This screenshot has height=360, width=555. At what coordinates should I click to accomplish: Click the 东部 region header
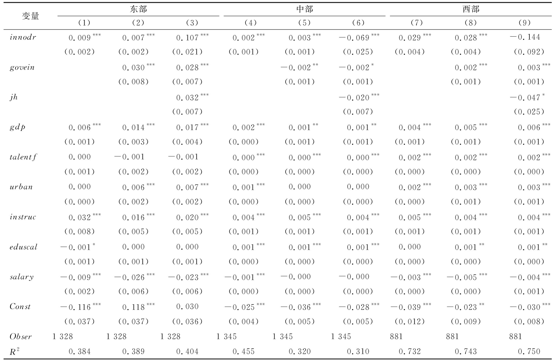138,9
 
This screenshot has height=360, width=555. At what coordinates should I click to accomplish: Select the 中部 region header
304,9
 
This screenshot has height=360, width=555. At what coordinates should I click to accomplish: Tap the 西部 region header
471,9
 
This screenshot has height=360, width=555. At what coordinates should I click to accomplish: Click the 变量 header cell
30,16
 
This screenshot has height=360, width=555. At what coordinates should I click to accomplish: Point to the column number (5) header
304,23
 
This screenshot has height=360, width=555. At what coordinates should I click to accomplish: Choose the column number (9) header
524,23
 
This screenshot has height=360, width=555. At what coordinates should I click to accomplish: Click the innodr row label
23,37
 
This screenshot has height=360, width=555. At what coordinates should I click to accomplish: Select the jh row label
14,97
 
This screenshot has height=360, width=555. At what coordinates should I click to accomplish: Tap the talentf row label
23,157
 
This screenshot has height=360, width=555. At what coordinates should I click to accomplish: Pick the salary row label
22,277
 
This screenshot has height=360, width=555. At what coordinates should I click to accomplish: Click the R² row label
14,352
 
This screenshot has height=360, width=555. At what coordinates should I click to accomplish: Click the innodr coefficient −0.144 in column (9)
525,37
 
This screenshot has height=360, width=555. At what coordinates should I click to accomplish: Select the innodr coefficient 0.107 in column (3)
188,37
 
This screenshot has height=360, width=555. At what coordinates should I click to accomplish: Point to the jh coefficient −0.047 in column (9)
525,97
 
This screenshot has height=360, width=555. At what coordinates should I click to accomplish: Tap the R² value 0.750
529,352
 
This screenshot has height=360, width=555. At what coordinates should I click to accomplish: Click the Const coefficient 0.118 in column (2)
134,307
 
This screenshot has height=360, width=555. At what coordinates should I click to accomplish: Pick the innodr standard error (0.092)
529,52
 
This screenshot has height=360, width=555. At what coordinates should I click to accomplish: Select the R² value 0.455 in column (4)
244,352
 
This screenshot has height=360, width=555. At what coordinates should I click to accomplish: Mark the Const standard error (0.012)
409,322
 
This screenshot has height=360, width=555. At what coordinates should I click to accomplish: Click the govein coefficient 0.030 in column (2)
134,67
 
